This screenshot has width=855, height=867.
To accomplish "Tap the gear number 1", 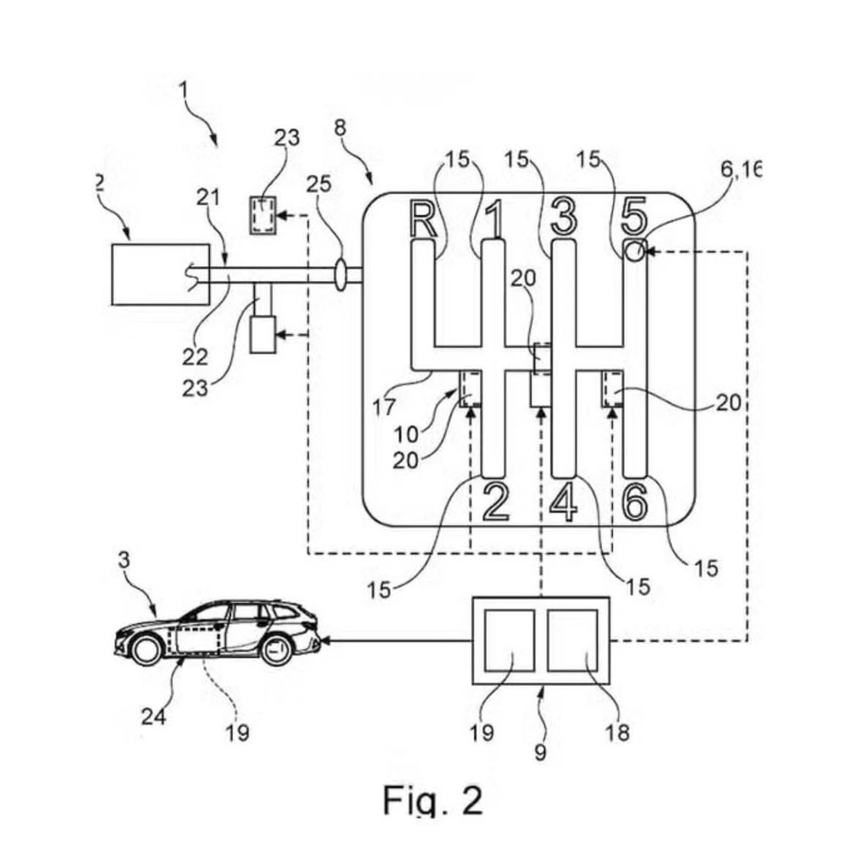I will coord(495,218).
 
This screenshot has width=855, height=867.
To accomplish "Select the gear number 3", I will coord(563,217).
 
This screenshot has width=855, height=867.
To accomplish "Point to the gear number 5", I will coord(635,218).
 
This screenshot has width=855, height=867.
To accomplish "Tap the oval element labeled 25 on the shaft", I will coord(341,275).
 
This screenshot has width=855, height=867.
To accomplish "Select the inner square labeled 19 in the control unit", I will coord(505,640).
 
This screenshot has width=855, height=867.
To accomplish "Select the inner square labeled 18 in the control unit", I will coord(572,640).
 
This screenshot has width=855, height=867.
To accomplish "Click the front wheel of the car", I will coord(146,649).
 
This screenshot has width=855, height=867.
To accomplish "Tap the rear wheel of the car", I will coord(276,649).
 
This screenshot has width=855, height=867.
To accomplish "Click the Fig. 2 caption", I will coord(432,799).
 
